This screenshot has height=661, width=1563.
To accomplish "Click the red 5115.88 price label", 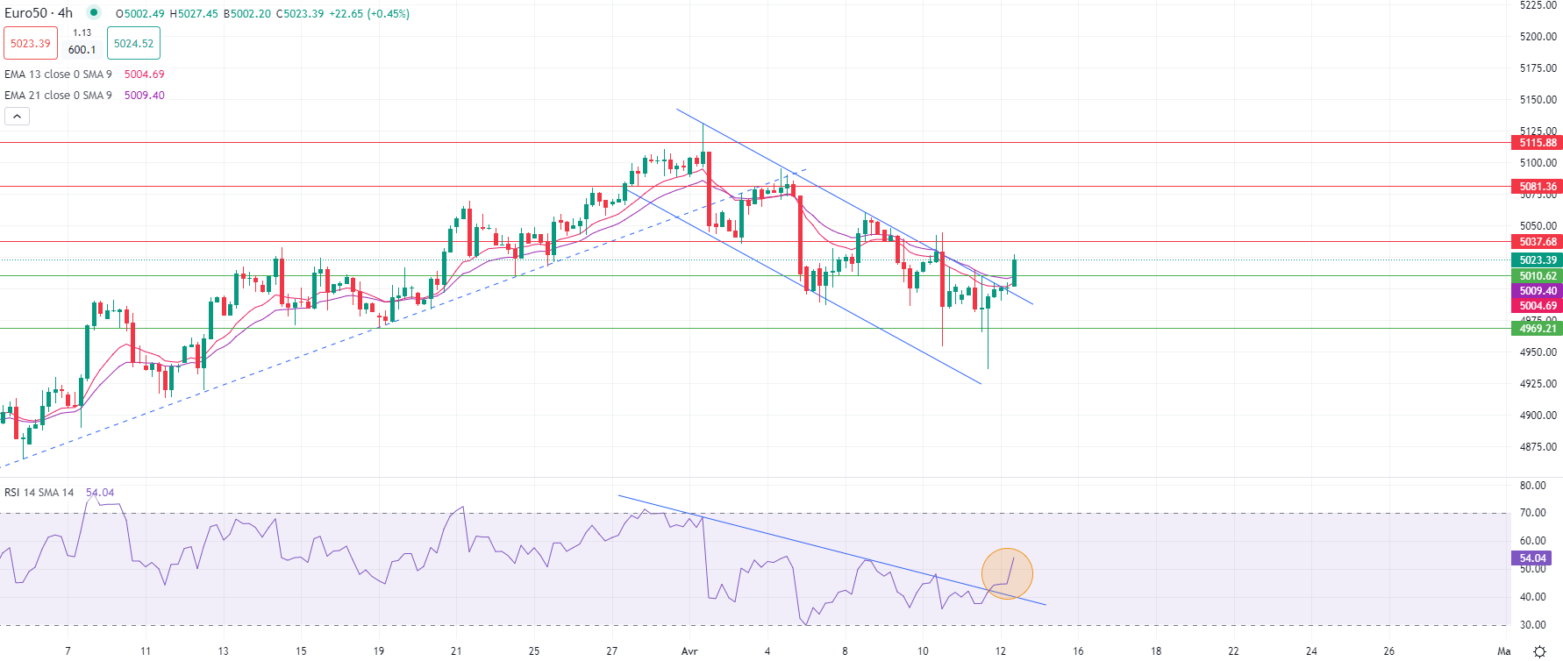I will pyautogui.click(x=1538, y=143).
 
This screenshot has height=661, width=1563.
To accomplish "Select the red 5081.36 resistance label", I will pyautogui.click(x=1538, y=187).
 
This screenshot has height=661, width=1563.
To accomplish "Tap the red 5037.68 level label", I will pyautogui.click(x=1538, y=242).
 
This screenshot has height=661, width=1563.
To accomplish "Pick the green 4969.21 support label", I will pyautogui.click(x=1538, y=329).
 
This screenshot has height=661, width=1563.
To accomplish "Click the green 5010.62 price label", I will pyautogui.click(x=1538, y=276).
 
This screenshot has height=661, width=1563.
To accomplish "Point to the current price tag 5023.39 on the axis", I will pyautogui.click(x=1538, y=260).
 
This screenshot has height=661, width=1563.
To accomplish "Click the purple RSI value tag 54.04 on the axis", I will pyautogui.click(x=1532, y=558).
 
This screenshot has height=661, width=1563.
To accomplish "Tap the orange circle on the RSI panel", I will pyautogui.click(x=1007, y=574).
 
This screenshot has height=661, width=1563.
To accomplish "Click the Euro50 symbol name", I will pyautogui.click(x=25, y=13).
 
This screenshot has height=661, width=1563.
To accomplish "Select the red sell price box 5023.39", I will pyautogui.click(x=31, y=44).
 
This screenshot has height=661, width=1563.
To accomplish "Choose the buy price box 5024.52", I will pyautogui.click(x=133, y=44).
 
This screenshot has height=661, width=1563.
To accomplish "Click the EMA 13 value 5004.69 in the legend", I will pyautogui.click(x=144, y=75).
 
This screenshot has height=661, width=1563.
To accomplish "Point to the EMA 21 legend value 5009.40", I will pyautogui.click(x=144, y=96).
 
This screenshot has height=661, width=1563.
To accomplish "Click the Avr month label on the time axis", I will pyautogui.click(x=689, y=651).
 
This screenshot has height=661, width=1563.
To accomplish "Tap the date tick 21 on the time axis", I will pyautogui.click(x=456, y=651).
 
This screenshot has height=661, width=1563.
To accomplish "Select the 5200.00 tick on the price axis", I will pyautogui.click(x=1538, y=37).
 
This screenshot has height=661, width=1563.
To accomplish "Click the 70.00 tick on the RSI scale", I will pyautogui.click(x=1532, y=513).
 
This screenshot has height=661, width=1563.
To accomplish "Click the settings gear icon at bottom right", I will pyautogui.click(x=1539, y=651).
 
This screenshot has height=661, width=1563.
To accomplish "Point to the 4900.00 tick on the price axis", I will pyautogui.click(x=1538, y=416).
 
